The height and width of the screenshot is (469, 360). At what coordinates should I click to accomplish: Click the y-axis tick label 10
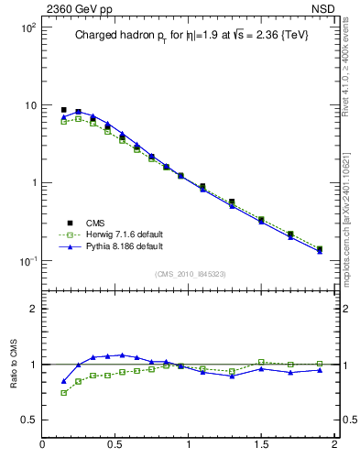[x=28, y=105]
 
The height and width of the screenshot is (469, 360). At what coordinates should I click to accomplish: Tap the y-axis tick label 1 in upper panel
[x=32, y=183]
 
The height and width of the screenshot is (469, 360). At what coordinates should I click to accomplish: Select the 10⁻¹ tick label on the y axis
[x=27, y=261]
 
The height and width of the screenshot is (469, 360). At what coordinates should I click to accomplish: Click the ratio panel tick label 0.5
[x=27, y=420]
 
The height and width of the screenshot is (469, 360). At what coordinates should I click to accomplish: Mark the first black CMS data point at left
[x=64, y=110]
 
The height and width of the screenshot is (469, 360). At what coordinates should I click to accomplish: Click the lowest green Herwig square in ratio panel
[x=64, y=393]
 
